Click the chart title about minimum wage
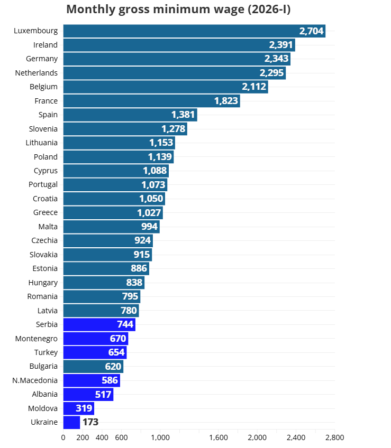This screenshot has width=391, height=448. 178,10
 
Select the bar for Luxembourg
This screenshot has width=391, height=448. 194,31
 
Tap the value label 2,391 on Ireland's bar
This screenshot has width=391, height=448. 281,45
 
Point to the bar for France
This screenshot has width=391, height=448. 151,100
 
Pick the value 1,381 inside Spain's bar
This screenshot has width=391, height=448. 183,115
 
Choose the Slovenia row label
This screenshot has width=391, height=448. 43,128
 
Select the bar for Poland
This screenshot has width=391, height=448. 118,156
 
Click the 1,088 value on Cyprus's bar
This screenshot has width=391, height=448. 155,171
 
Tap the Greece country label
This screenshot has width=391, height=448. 46,212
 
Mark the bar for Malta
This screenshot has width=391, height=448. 111,227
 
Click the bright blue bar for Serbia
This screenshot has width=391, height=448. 99,324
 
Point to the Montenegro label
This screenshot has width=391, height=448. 37,338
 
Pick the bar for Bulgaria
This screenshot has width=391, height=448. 93,366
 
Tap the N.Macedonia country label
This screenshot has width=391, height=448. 35,380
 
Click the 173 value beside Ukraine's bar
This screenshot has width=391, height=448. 90,422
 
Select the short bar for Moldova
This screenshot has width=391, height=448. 78,408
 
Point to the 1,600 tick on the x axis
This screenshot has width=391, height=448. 219,437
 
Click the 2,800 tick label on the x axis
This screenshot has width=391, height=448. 334,437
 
